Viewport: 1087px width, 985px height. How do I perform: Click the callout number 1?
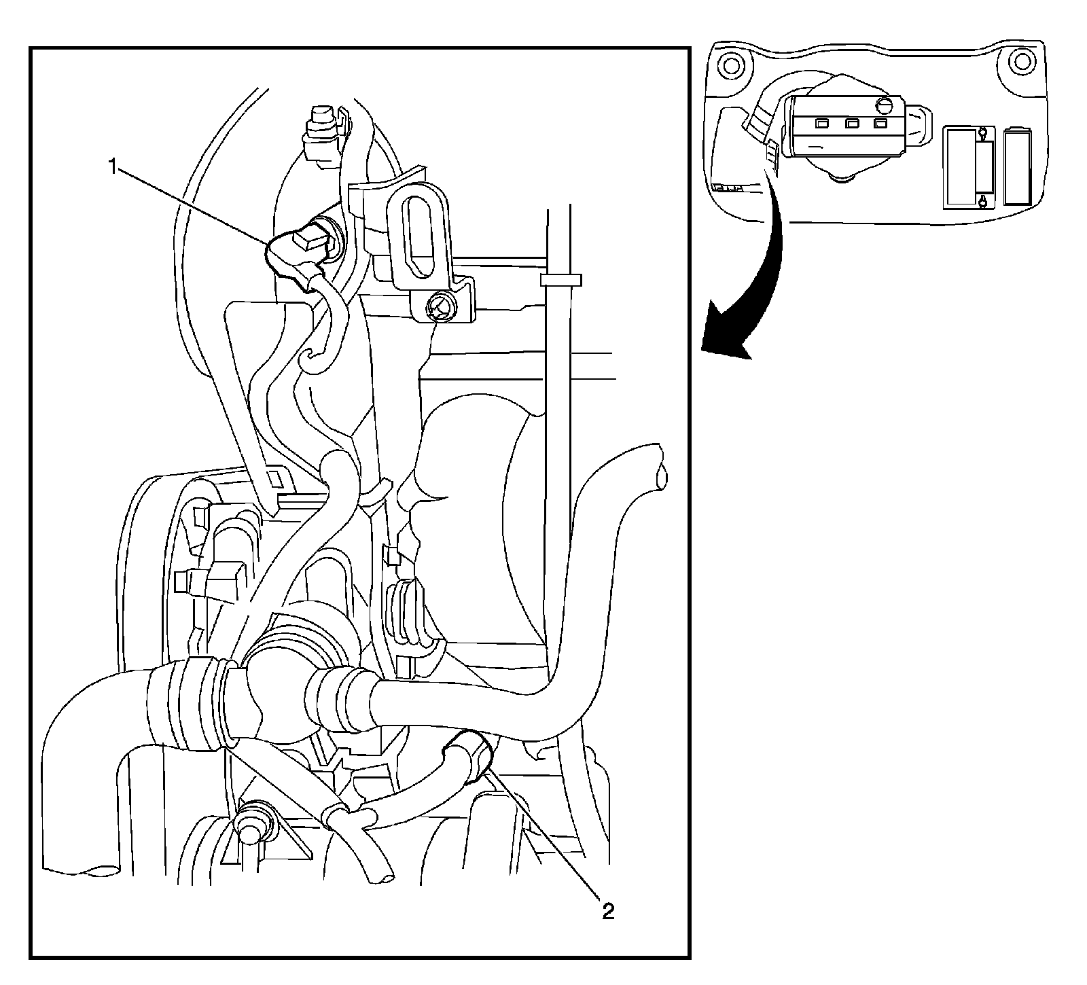click(x=115, y=168)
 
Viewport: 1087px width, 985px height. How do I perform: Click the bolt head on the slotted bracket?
click(x=439, y=307)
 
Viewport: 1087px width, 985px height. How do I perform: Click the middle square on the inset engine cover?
click(x=851, y=124)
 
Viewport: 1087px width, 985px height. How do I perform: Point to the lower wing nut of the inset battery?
click(x=982, y=200)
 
